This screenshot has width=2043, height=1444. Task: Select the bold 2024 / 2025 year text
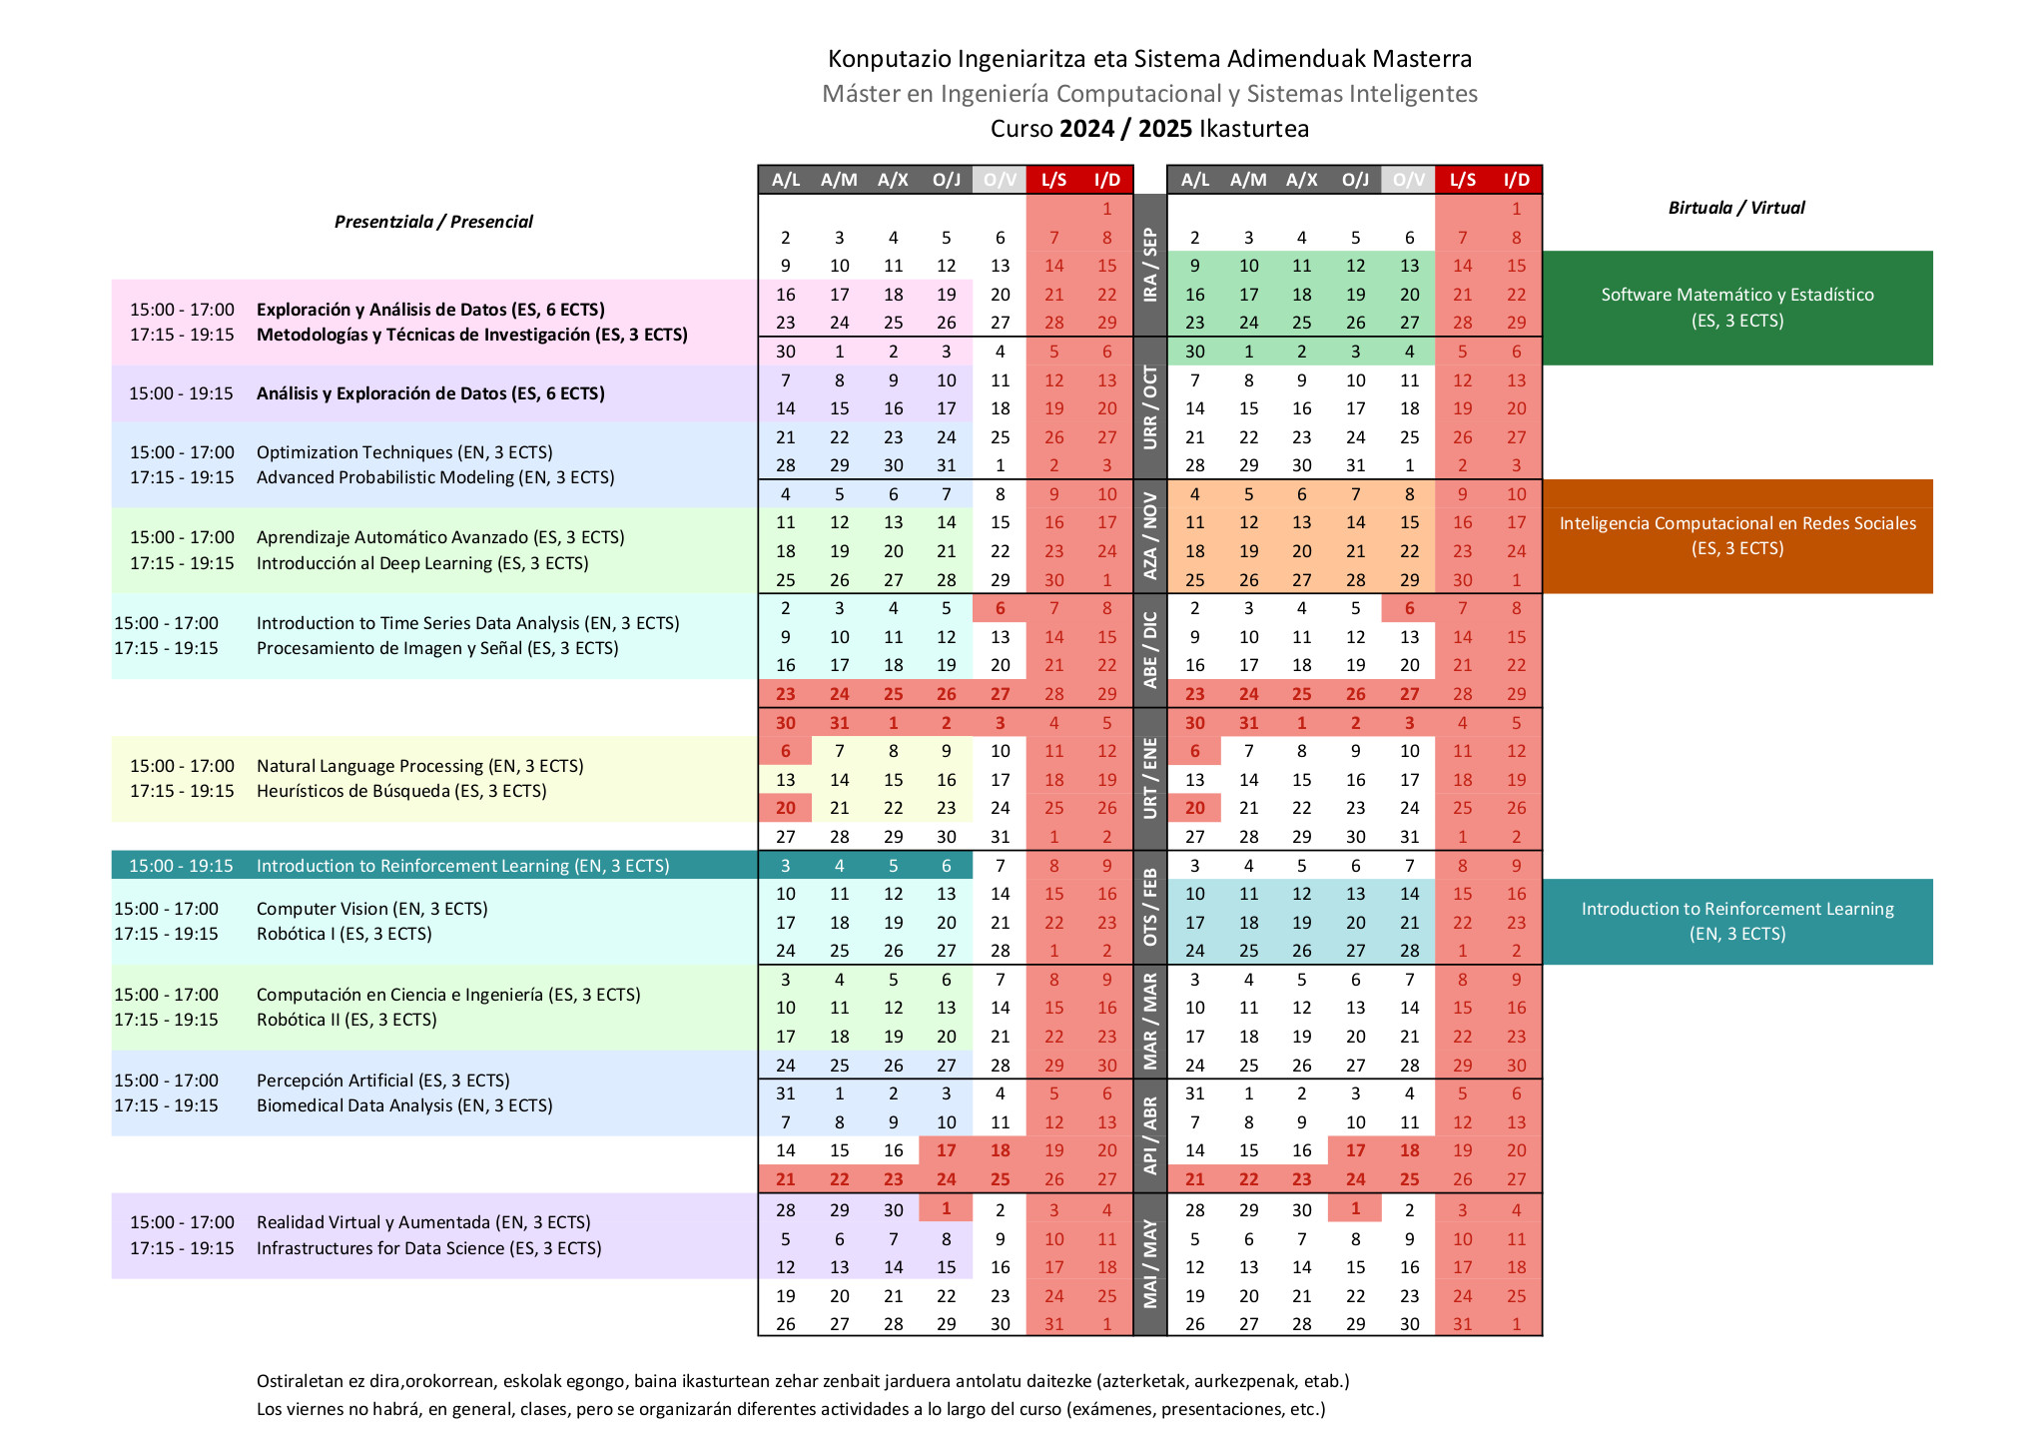1125,129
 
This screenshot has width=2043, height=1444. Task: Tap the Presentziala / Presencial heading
433,222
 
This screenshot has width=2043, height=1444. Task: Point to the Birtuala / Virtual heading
1736,208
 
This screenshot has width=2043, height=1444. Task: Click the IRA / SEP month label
1150,265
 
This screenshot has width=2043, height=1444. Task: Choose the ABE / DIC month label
1150,650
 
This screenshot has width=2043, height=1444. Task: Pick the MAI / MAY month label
1150,1263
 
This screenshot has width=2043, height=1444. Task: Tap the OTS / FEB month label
1150,908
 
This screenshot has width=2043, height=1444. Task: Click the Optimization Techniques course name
404,452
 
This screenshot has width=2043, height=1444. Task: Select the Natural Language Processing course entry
419,766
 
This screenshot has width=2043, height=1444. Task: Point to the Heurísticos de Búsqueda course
401,791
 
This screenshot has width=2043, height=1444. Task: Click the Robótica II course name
346,1020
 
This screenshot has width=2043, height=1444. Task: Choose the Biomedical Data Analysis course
404,1105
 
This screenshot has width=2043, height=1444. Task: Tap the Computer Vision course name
371,909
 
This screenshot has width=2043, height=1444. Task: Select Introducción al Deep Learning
422,563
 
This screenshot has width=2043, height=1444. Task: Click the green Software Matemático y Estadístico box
1737,308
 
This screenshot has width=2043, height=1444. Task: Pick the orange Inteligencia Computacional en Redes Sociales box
1737,536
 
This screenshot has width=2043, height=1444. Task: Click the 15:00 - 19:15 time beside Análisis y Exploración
181,393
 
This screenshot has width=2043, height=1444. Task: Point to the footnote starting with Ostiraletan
803,1381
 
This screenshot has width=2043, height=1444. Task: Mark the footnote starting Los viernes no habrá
791,1409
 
